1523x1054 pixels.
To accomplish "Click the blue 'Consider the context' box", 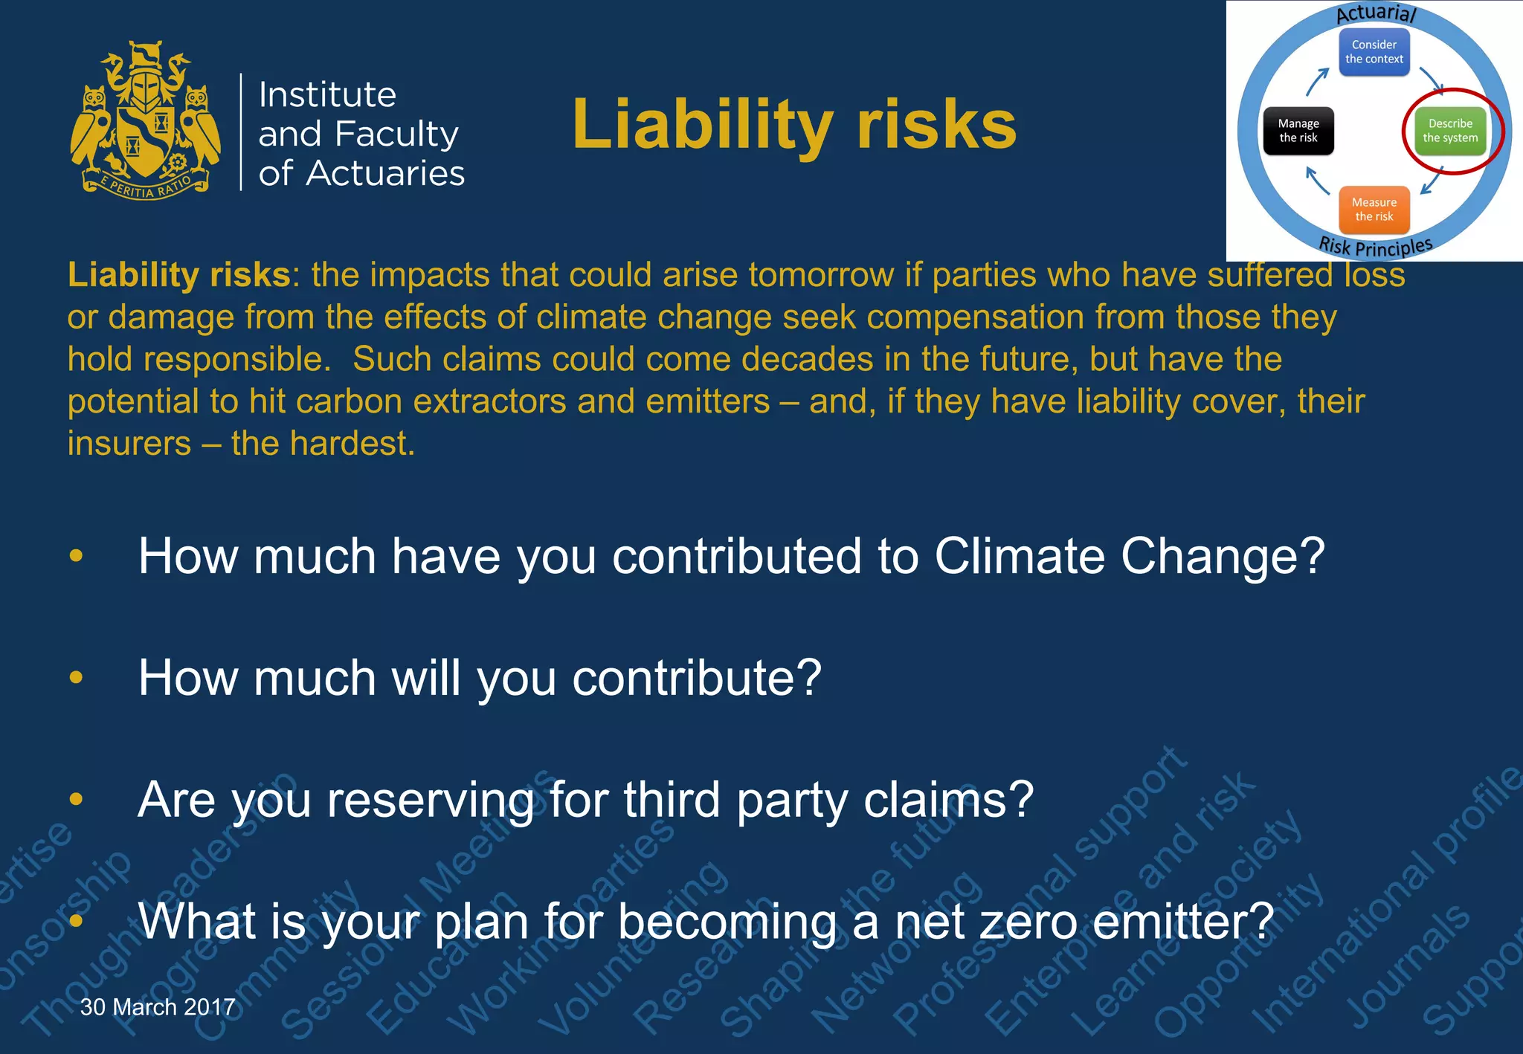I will [x=1374, y=52].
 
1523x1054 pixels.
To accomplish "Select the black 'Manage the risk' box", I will [x=1298, y=131].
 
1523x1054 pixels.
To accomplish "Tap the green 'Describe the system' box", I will [x=1450, y=131].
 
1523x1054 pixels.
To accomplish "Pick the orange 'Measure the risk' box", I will [x=1374, y=210].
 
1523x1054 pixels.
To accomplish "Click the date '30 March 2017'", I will [x=158, y=1007].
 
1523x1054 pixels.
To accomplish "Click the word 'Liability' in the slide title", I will [x=702, y=125].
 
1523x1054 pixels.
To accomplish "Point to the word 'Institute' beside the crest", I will [x=327, y=95].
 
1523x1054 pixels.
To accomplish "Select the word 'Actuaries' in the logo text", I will [x=385, y=173].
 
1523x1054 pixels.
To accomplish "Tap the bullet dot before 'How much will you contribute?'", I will [x=76, y=677].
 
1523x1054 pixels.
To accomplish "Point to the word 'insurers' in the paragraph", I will [x=129, y=444].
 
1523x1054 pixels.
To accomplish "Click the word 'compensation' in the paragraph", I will [x=974, y=317].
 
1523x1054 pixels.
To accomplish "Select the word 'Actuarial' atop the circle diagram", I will [x=1376, y=13].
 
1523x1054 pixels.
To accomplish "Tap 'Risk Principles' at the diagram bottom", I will [x=1375, y=246].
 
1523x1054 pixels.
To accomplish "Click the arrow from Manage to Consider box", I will [x=1317, y=82].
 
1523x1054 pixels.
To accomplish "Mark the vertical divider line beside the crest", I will [x=241, y=132].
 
